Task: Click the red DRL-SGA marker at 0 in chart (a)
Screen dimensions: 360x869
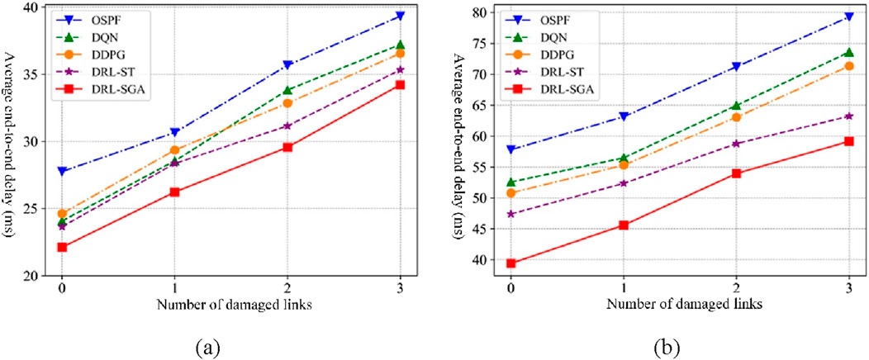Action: click(62, 247)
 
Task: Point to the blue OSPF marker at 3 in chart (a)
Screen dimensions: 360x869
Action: click(401, 16)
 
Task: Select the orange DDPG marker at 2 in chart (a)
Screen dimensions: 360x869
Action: click(287, 103)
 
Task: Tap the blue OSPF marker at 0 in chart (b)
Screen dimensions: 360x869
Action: click(511, 149)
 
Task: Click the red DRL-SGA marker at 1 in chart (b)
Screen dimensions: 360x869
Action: click(624, 225)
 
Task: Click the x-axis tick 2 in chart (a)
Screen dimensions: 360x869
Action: click(287, 290)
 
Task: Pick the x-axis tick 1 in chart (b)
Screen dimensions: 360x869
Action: click(624, 290)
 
